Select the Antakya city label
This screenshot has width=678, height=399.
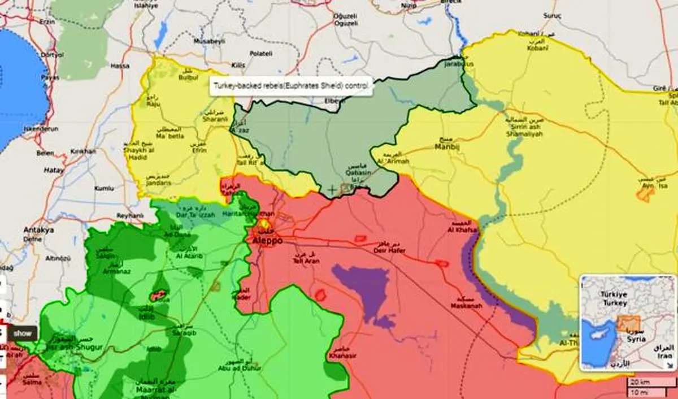39,231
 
